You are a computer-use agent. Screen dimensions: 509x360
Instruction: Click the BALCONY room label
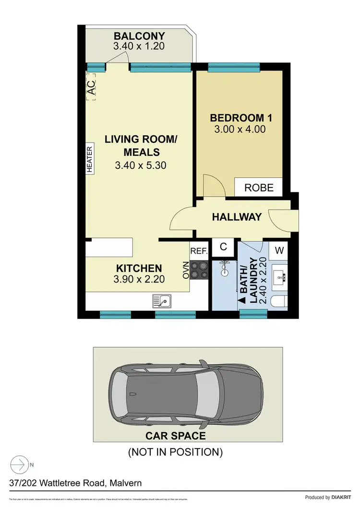pyautogui.click(x=139, y=36)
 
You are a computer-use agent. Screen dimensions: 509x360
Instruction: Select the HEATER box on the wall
pyautogui.click(x=90, y=158)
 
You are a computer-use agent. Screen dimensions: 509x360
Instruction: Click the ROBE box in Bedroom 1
pyautogui.click(x=259, y=187)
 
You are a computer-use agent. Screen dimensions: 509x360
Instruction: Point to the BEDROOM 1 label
pyautogui.click(x=238, y=118)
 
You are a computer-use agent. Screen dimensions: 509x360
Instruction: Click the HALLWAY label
pyautogui.click(x=237, y=217)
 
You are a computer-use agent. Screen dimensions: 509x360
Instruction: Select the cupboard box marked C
pyautogui.click(x=223, y=247)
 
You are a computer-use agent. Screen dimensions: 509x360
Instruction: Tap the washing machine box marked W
pyautogui.click(x=279, y=249)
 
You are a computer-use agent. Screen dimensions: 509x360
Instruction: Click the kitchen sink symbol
pyautogui.click(x=163, y=301)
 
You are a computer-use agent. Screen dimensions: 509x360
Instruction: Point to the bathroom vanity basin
pyautogui.click(x=279, y=277)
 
